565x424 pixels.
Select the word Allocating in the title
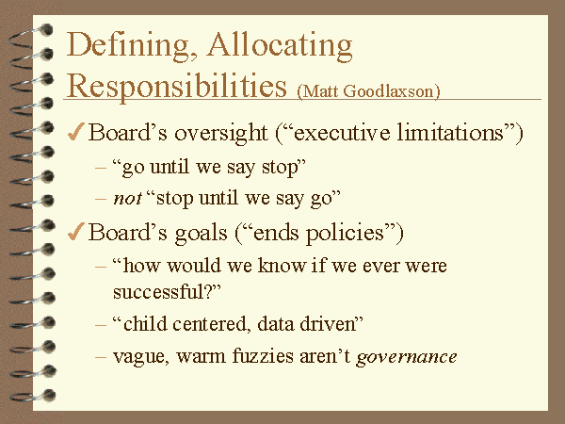click(280, 46)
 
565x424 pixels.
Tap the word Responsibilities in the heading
click(177, 86)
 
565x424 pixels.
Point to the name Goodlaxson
click(391, 91)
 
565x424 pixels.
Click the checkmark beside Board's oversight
click(76, 131)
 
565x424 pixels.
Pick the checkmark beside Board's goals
click(76, 231)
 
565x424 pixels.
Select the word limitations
click(450, 132)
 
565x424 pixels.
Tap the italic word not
click(127, 199)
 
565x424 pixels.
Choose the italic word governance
click(407, 358)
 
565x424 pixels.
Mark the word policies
click(345, 234)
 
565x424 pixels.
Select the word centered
click(211, 324)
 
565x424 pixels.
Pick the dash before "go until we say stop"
click(101, 168)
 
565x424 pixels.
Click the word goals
click(202, 234)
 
